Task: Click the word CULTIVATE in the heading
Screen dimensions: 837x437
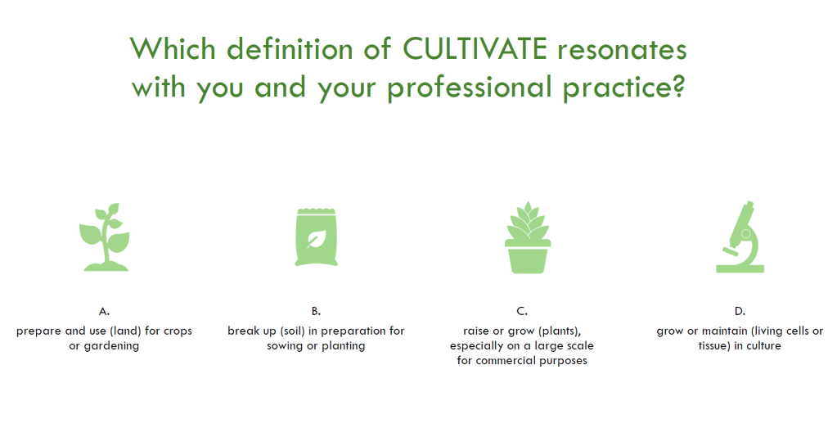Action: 475,49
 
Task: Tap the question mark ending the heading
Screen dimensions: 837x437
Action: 678,87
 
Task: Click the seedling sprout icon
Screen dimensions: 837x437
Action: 106,237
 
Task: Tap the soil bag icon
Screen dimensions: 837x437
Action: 317,237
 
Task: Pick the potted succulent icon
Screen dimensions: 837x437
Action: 528,238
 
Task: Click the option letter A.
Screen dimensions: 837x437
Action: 104,311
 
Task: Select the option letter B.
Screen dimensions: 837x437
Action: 316,311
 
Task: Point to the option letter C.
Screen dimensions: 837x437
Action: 522,311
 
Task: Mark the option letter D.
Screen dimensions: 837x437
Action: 740,311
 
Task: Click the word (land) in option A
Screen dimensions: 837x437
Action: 125,331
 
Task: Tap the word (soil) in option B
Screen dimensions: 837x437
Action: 292,331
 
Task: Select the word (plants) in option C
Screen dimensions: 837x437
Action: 560,331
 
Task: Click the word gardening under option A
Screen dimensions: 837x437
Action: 111,346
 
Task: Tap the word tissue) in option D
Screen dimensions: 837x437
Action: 714,345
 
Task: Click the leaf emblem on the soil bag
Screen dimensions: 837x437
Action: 317,239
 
